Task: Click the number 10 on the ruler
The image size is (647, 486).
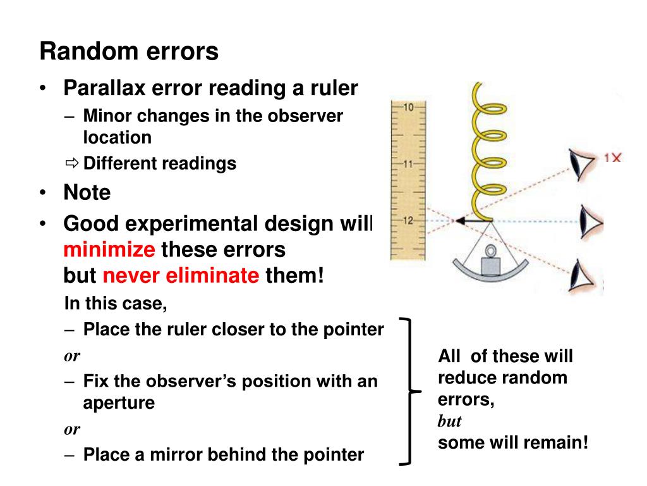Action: (408, 107)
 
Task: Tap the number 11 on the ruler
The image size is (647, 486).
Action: (408, 164)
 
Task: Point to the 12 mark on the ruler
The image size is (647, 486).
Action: (408, 220)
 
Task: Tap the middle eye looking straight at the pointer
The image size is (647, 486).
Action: (591, 221)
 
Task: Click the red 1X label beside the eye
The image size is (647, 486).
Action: (612, 158)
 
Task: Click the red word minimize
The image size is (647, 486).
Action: (109, 250)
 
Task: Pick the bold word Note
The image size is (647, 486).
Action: (87, 192)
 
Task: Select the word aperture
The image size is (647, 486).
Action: (119, 403)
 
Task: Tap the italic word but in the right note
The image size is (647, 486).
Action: (450, 421)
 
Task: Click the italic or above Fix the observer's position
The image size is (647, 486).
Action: (72, 355)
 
